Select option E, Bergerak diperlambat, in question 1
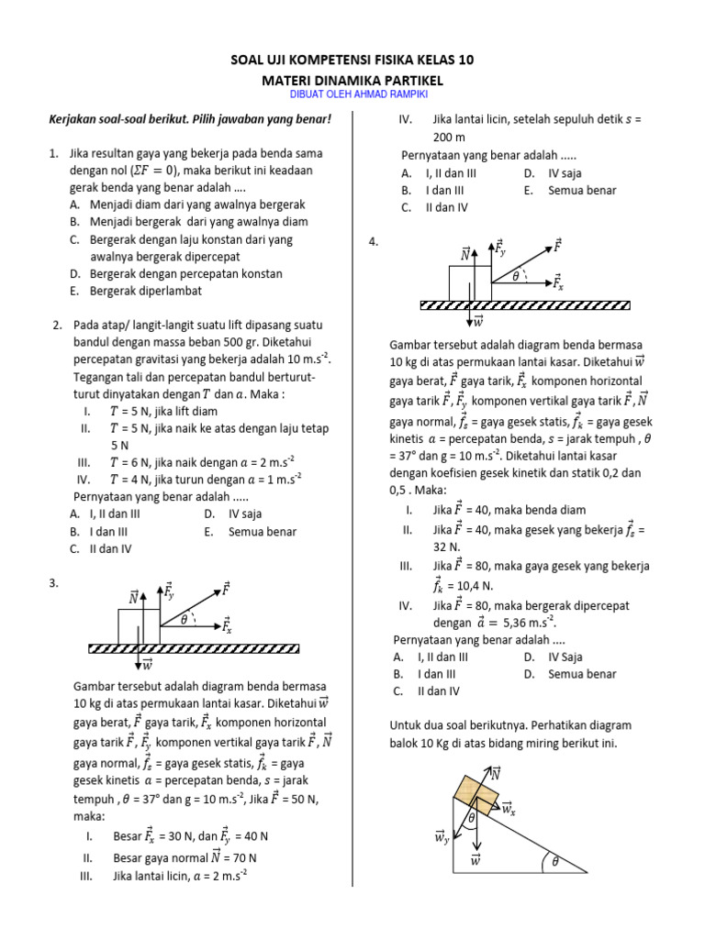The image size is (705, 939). click(145, 291)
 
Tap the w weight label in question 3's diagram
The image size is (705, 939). click(146, 665)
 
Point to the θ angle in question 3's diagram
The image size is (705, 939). click(184, 620)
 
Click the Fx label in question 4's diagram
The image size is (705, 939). click(557, 284)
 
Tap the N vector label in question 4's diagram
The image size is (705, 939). click(465, 254)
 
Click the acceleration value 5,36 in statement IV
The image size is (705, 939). click(536, 622)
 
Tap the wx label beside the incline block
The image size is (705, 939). click(509, 807)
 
